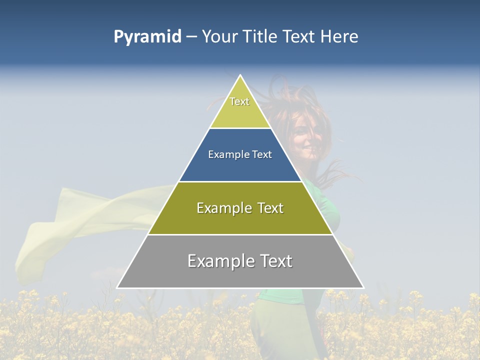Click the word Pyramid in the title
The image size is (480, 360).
pyautogui.click(x=147, y=37)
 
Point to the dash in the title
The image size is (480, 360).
pyautogui.click(x=191, y=37)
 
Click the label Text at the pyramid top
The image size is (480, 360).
pyautogui.click(x=239, y=101)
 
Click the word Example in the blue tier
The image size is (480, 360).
pyautogui.click(x=223, y=155)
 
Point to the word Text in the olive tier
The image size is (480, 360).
pyautogui.click(x=268, y=208)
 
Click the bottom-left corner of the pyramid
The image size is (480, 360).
pyautogui.click(x=117, y=288)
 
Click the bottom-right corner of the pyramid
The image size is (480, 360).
pyautogui.click(x=363, y=288)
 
